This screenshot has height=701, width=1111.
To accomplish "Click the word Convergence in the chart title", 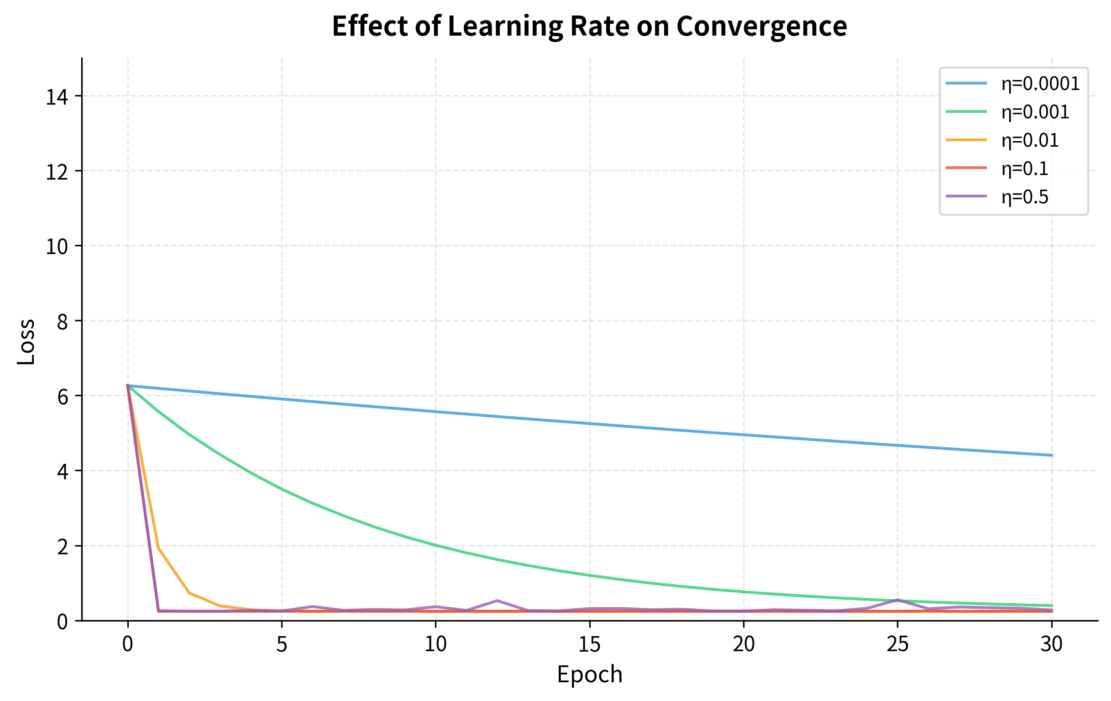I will pos(761,26).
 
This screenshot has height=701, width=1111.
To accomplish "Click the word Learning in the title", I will pos(505,26).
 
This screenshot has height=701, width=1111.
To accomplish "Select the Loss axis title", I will pos(26,342).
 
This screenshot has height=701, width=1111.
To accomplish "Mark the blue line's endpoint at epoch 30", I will pos(1052,455).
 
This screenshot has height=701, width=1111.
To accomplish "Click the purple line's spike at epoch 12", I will pos(497,600).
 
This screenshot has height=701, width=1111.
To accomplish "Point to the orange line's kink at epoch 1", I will pos(158,548).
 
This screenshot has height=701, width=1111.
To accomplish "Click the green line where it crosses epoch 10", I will pos(435,545).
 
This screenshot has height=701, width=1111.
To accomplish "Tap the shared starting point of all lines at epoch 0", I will pos(128,385).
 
